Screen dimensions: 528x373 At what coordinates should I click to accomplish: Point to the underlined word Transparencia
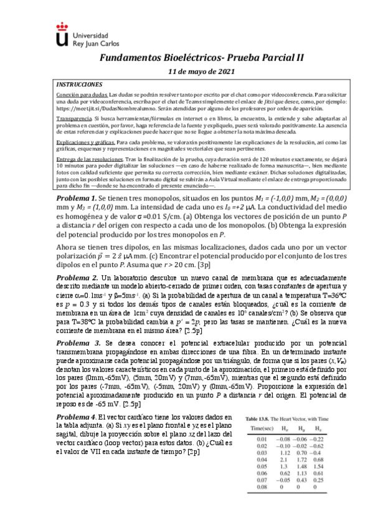pos(74,117)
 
